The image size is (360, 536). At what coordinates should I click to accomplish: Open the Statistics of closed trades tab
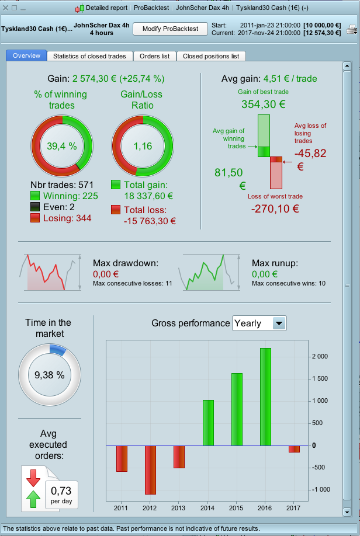pos(90,56)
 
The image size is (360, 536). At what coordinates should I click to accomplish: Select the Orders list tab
pos(155,56)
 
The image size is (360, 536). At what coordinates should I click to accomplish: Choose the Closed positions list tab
pos(211,56)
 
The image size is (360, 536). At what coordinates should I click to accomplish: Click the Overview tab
pos(26,56)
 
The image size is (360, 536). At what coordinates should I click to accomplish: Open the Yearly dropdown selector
pos(259,323)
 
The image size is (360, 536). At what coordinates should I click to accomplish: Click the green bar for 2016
pos(265,396)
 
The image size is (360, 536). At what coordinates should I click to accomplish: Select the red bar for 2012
pos(150,470)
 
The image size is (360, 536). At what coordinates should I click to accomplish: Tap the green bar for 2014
pos(207,423)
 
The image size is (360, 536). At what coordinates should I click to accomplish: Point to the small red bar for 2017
pos(294,448)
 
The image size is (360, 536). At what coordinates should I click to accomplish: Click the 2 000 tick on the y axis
pos(319,356)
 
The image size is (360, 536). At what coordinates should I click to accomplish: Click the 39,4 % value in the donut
pos(62,146)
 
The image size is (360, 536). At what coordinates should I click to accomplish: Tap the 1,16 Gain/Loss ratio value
pos(143,146)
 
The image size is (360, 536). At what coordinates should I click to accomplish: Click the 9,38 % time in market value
pos(49,375)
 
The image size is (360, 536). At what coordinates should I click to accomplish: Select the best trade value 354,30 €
pos(264,105)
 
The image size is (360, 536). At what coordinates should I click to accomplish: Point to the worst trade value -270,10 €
pos(274,208)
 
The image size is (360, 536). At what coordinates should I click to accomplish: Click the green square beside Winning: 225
pos(35,196)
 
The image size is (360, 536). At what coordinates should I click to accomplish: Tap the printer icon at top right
pos(351,29)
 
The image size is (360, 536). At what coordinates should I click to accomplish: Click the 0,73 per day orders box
pos(61,494)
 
